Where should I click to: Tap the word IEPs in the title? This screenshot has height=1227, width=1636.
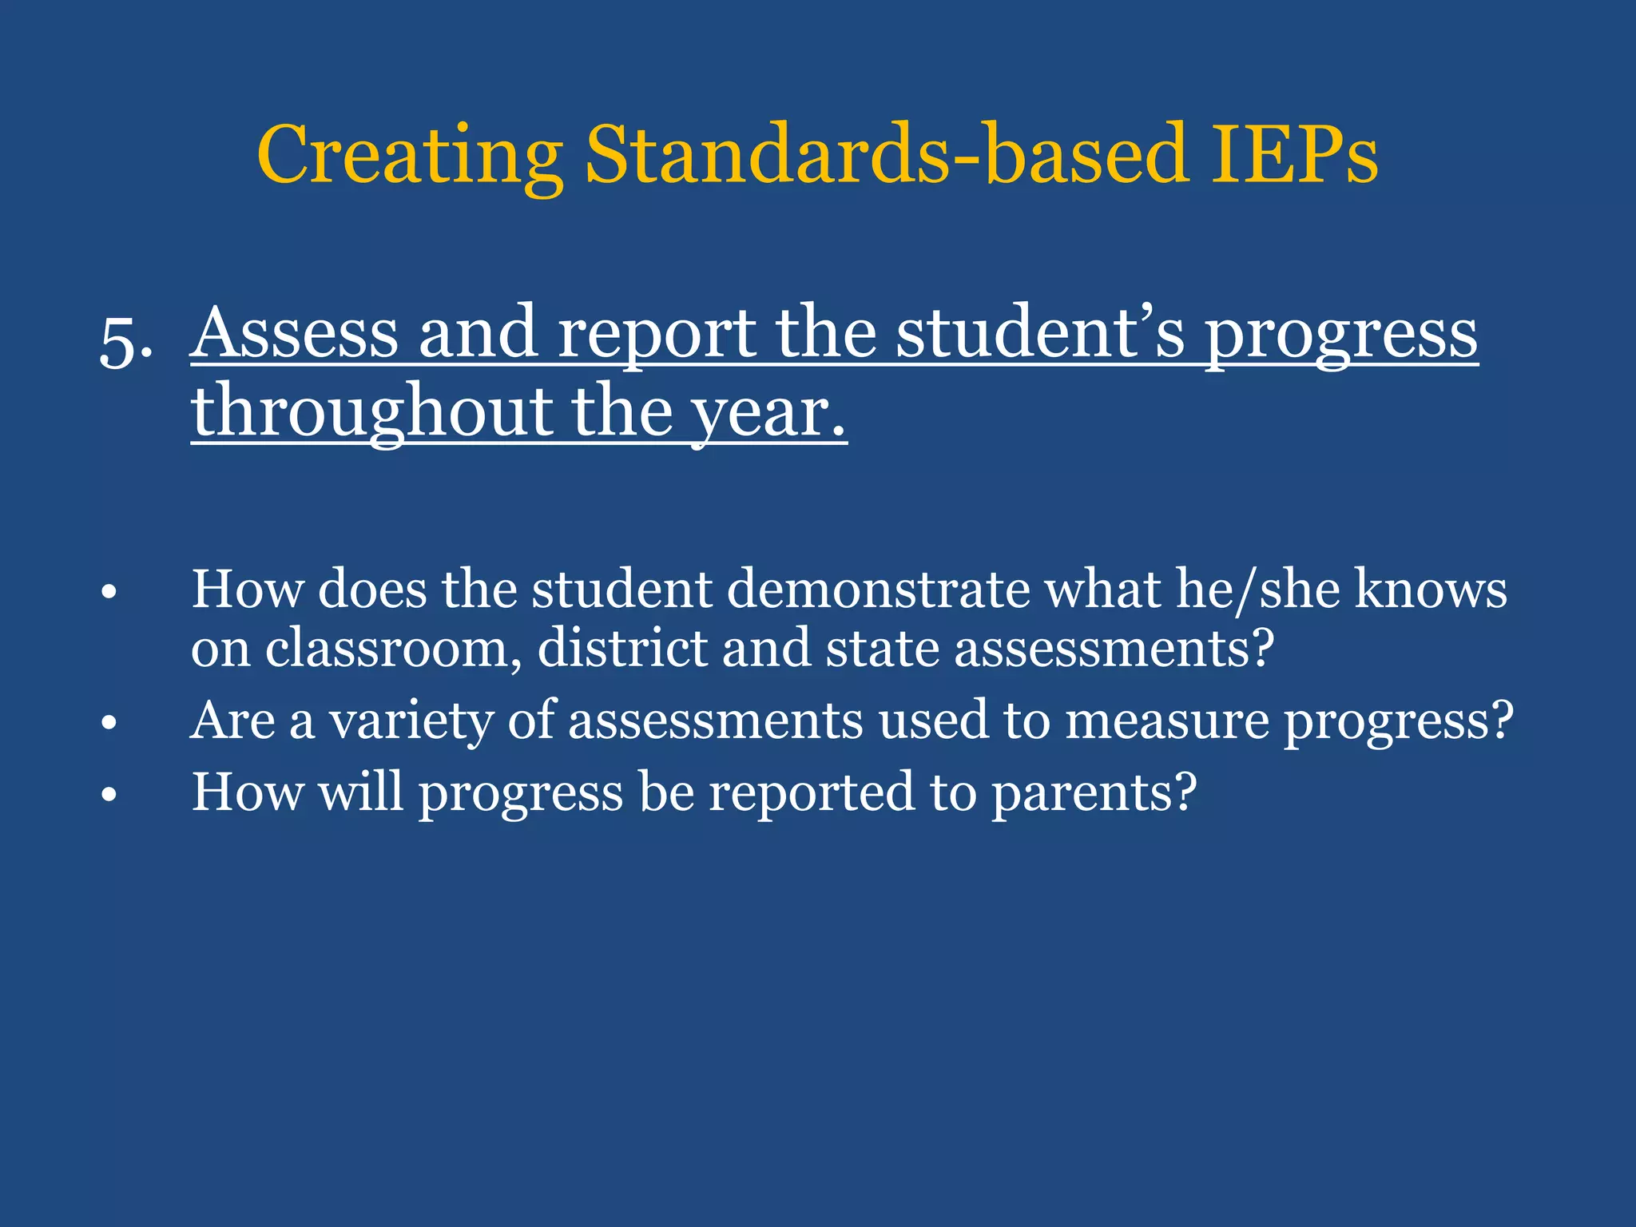[1293, 156]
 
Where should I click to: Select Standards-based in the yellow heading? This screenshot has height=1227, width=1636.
[887, 156]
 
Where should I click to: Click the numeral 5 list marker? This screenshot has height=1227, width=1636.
[120, 343]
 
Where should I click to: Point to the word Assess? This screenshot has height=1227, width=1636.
[295, 333]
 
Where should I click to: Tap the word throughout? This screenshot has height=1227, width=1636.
[371, 412]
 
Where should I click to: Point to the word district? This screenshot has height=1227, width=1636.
[622, 648]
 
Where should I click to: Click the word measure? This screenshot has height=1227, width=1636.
[1166, 721]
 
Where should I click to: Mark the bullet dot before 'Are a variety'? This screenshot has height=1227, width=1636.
[109, 724]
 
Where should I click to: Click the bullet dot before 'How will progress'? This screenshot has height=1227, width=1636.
[109, 796]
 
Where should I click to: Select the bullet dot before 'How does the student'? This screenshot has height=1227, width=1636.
[109, 593]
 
